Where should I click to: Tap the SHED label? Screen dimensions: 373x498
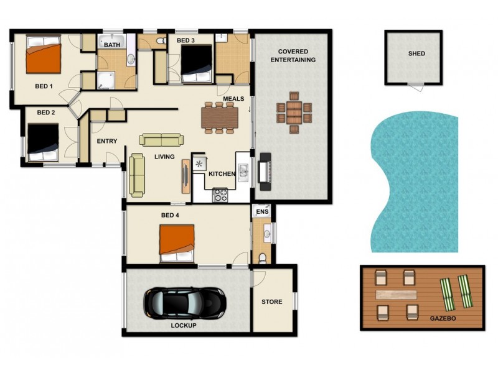pos(416,53)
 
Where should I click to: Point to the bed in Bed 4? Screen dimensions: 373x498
pos(177,244)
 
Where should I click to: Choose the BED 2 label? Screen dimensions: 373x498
pos(46,113)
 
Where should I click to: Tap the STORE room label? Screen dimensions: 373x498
pos(271,302)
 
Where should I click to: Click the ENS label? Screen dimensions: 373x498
pos(261,211)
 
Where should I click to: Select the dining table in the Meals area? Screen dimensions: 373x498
pos(219,117)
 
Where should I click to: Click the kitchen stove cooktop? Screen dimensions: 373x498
pos(221,195)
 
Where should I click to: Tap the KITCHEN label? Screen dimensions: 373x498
pos(222,175)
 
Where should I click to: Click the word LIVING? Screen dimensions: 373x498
pos(164,157)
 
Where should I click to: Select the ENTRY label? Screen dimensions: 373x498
pos(106,141)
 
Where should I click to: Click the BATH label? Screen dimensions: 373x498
pos(112,45)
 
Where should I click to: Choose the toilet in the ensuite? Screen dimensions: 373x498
pos(262,257)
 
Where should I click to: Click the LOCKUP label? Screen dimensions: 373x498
pos(184,325)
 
